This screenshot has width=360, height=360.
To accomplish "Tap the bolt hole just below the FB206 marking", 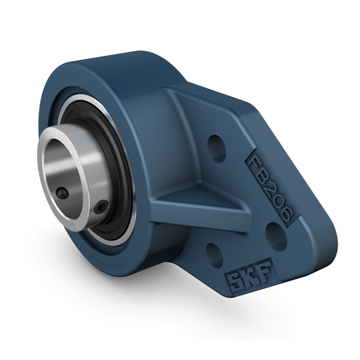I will click(275, 236).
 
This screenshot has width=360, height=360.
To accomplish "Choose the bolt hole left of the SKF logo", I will click(214, 254).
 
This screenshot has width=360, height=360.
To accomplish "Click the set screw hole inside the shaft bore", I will click(62, 193).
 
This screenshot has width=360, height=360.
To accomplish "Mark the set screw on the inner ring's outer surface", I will click(103, 206).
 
